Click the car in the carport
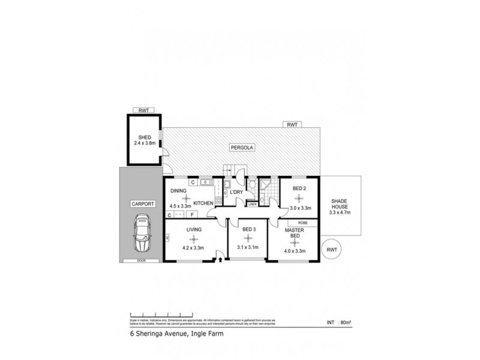tap(142, 235)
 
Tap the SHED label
tap(143, 137)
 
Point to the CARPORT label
tap(142, 204)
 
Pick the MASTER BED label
tap(293, 233)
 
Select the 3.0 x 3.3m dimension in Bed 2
tap(299, 208)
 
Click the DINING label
tap(178, 191)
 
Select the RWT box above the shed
tap(143, 110)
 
